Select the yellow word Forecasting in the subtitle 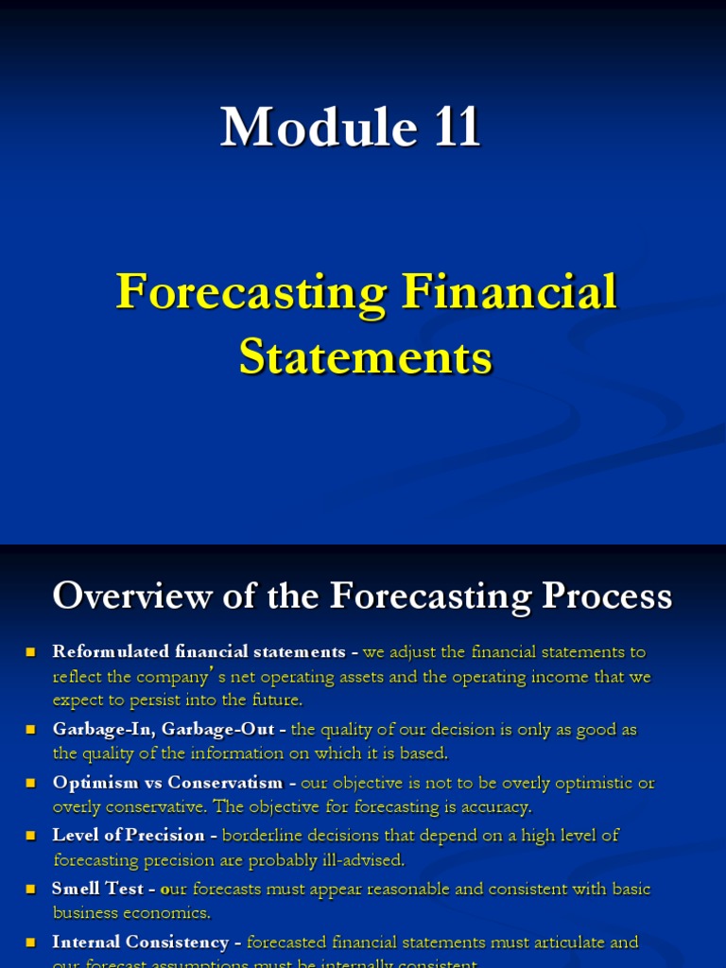251,292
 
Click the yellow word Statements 365,358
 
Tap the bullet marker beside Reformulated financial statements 30,651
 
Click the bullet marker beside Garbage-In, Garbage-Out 30,730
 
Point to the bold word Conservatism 225,783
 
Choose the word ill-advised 362,860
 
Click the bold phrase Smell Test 97,889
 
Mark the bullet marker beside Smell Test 30,889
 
